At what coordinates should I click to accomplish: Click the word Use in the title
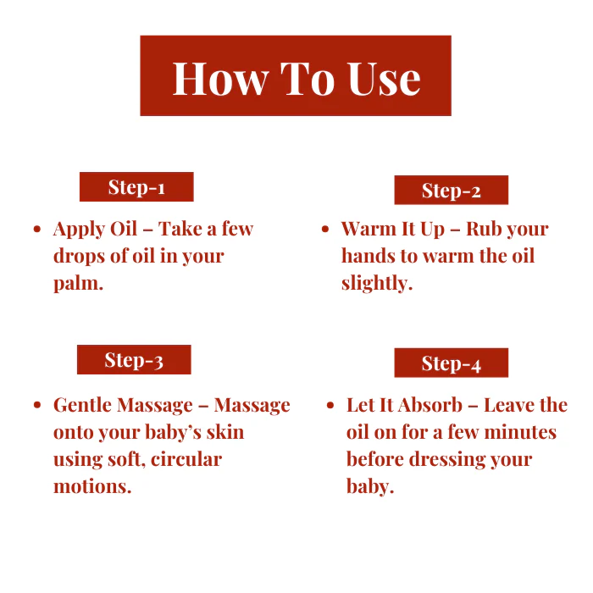pyautogui.click(x=384, y=79)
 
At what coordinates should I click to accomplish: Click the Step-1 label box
pyautogui.click(x=136, y=187)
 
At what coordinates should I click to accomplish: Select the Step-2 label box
pyautogui.click(x=452, y=190)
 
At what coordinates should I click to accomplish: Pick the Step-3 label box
pyautogui.click(x=134, y=360)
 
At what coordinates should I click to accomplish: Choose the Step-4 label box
pyautogui.click(x=452, y=363)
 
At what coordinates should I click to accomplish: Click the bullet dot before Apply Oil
pyautogui.click(x=37, y=229)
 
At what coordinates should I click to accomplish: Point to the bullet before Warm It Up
pyautogui.click(x=325, y=229)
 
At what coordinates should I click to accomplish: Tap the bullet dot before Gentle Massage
pyautogui.click(x=37, y=405)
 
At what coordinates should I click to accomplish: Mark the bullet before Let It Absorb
pyautogui.click(x=330, y=405)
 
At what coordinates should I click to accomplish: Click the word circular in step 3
pyautogui.click(x=186, y=459)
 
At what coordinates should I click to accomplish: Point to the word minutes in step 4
pyautogui.click(x=520, y=432)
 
